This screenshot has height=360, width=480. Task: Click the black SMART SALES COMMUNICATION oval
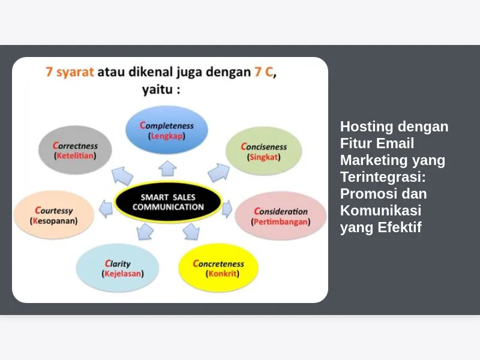click(x=168, y=202)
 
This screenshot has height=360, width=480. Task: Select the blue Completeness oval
click(x=167, y=130)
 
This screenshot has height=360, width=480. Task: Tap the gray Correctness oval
click(x=75, y=150)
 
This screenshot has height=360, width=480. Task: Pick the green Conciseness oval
click(x=264, y=151)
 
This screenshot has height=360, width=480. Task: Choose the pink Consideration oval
click(x=281, y=216)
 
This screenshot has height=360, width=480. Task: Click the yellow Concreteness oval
click(x=218, y=268)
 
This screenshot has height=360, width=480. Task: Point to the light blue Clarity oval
click(x=118, y=268)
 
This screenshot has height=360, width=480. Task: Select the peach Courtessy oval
click(x=54, y=215)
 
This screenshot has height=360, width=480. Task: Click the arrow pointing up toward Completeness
click(x=167, y=169)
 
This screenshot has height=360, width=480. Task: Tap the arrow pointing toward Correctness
click(x=122, y=176)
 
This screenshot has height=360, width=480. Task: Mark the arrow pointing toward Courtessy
click(x=106, y=209)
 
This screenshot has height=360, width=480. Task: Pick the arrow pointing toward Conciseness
click(x=218, y=172)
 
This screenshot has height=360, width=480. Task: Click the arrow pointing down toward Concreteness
click(x=191, y=232)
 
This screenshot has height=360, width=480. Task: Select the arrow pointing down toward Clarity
click(x=145, y=232)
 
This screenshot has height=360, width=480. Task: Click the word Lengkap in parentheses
click(x=167, y=136)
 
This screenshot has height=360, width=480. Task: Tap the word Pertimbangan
click(x=281, y=221)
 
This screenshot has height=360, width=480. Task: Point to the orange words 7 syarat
click(x=70, y=72)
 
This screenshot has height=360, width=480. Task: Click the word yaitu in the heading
click(x=157, y=89)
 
